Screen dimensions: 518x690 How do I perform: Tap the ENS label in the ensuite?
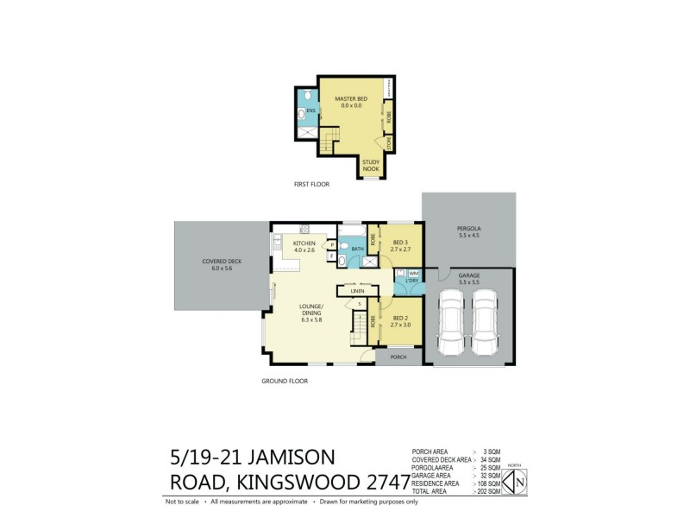click(x=310, y=111)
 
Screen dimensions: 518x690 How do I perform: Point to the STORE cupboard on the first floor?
click(x=389, y=144)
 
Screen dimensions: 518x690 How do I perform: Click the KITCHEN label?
click(x=304, y=243)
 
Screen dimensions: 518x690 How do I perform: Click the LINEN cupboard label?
click(x=358, y=290)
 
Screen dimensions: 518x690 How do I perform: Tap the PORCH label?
click(x=398, y=357)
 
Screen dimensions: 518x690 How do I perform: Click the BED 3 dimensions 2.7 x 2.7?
click(x=399, y=249)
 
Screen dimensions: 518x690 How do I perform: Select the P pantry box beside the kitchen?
click(x=331, y=244)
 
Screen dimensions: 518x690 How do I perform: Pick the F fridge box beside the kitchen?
click(x=331, y=256)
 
